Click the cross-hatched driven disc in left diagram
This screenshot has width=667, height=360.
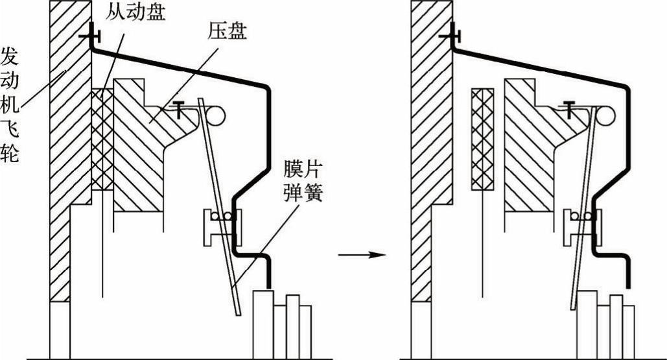[102, 139]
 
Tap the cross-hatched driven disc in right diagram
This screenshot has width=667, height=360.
[483, 139]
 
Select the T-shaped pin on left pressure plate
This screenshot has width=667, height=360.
[176, 107]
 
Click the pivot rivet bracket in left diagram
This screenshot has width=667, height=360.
[222, 226]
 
